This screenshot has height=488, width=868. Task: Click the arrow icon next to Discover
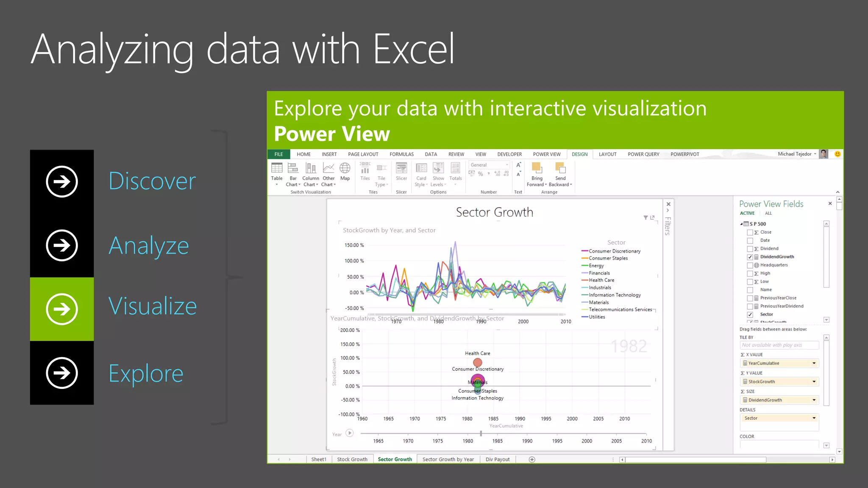tap(62, 182)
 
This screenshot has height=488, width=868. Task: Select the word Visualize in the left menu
tap(153, 306)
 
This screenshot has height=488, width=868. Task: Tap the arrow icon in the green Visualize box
tap(62, 309)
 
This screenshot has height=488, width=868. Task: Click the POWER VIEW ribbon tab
tap(546, 154)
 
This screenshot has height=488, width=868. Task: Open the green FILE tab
tap(278, 154)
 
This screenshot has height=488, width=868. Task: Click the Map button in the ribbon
tap(345, 172)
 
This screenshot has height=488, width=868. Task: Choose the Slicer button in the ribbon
tap(401, 172)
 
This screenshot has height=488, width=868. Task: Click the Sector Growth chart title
tap(494, 212)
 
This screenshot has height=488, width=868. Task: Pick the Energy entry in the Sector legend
tap(596, 266)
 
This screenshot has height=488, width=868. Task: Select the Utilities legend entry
tap(597, 317)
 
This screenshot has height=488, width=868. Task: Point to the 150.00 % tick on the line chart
tap(354, 245)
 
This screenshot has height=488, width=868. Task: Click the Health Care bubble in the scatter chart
tap(478, 363)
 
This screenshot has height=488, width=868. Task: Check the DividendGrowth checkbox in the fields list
tap(750, 257)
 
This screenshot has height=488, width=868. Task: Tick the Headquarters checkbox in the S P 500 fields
tap(750, 265)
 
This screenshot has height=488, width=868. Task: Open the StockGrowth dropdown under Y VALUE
tap(814, 382)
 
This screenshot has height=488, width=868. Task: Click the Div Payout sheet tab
tap(498, 459)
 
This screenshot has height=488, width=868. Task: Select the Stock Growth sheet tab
tap(352, 459)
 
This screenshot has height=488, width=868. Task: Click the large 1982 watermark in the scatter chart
tap(629, 347)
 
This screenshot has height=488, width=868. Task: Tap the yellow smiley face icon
tap(837, 154)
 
